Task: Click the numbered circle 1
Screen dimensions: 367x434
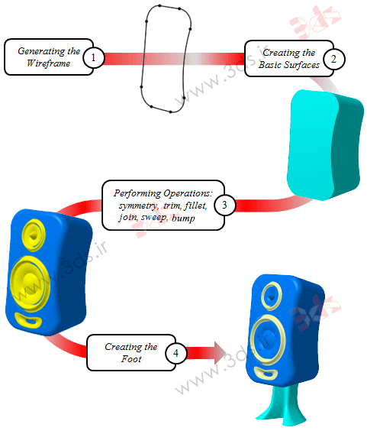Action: click(93, 57)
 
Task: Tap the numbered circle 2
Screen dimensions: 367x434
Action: click(334, 59)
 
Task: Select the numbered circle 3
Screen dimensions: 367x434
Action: click(224, 205)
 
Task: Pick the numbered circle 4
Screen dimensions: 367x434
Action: click(175, 353)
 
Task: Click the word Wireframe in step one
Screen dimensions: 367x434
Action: click(48, 63)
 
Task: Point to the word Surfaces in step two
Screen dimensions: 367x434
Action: click(302, 65)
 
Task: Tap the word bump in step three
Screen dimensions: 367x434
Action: click(183, 218)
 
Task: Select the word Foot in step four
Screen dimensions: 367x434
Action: click(131, 359)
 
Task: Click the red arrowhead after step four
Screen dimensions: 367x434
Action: click(221, 353)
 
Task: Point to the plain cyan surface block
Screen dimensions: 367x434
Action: click(325, 144)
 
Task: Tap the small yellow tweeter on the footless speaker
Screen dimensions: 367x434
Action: click(33, 235)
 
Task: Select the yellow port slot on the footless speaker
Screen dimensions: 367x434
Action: click(28, 320)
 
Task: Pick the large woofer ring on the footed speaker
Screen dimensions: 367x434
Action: click(253, 339)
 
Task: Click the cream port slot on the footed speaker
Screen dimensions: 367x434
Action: click(266, 373)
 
